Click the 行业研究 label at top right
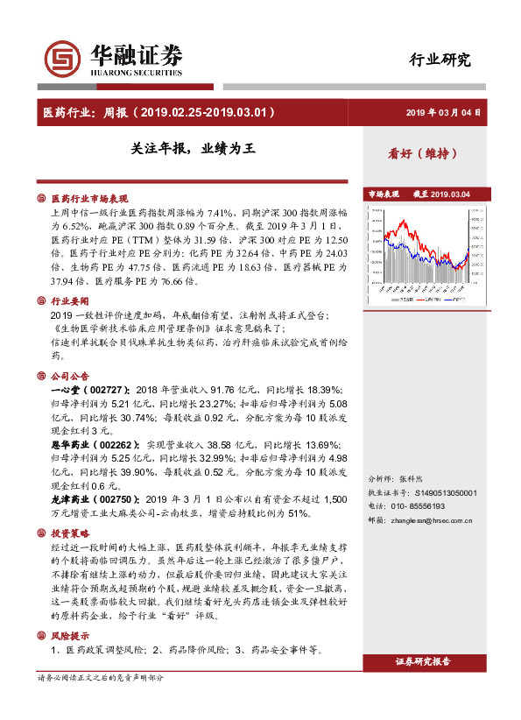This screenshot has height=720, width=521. (x=440, y=60)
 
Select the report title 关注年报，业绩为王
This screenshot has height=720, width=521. (x=187, y=149)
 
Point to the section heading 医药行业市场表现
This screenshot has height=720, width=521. (x=89, y=199)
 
